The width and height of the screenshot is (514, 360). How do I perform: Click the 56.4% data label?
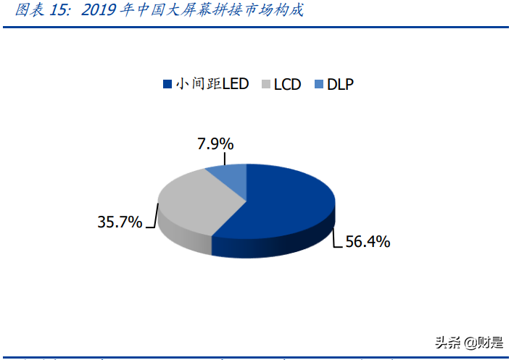(367, 242)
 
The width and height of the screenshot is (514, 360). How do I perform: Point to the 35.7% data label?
(120, 222)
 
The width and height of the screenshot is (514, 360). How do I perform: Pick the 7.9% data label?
(214, 143)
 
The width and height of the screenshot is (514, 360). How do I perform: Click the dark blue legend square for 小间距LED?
(167, 84)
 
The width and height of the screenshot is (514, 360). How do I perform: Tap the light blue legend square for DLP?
(318, 84)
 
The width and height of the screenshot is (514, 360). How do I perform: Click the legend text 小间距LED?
(212, 84)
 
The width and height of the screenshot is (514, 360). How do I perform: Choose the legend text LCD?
(288, 84)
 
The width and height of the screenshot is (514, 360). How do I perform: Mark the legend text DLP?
(340, 84)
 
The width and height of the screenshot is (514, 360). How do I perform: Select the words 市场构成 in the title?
(276, 10)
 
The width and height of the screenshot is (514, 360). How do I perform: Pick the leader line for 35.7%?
(154, 217)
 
